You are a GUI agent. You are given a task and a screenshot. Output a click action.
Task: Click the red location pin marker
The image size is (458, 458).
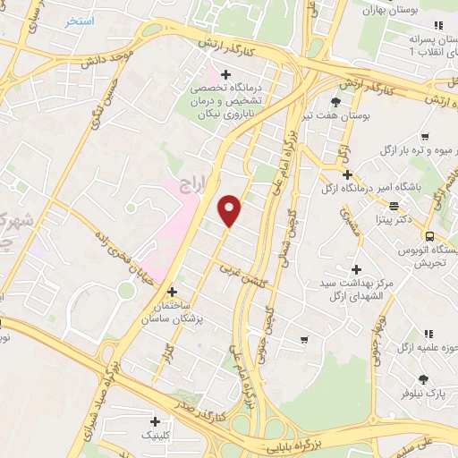(231, 211)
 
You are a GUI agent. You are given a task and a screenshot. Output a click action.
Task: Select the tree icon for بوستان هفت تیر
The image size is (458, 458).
(335, 102)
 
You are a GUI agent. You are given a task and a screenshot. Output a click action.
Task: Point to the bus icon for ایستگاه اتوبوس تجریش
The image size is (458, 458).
(431, 236)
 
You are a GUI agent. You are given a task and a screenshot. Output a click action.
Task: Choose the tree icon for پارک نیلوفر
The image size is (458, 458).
(421, 378)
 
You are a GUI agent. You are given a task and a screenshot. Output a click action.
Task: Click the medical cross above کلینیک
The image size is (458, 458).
(157, 421)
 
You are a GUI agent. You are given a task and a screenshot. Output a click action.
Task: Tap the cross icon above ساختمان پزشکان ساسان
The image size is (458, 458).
(172, 292)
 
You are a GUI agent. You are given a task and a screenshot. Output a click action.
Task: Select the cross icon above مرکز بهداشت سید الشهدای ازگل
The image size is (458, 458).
(356, 269)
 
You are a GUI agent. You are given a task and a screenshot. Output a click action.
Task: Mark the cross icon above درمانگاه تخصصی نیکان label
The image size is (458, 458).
(225, 74)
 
